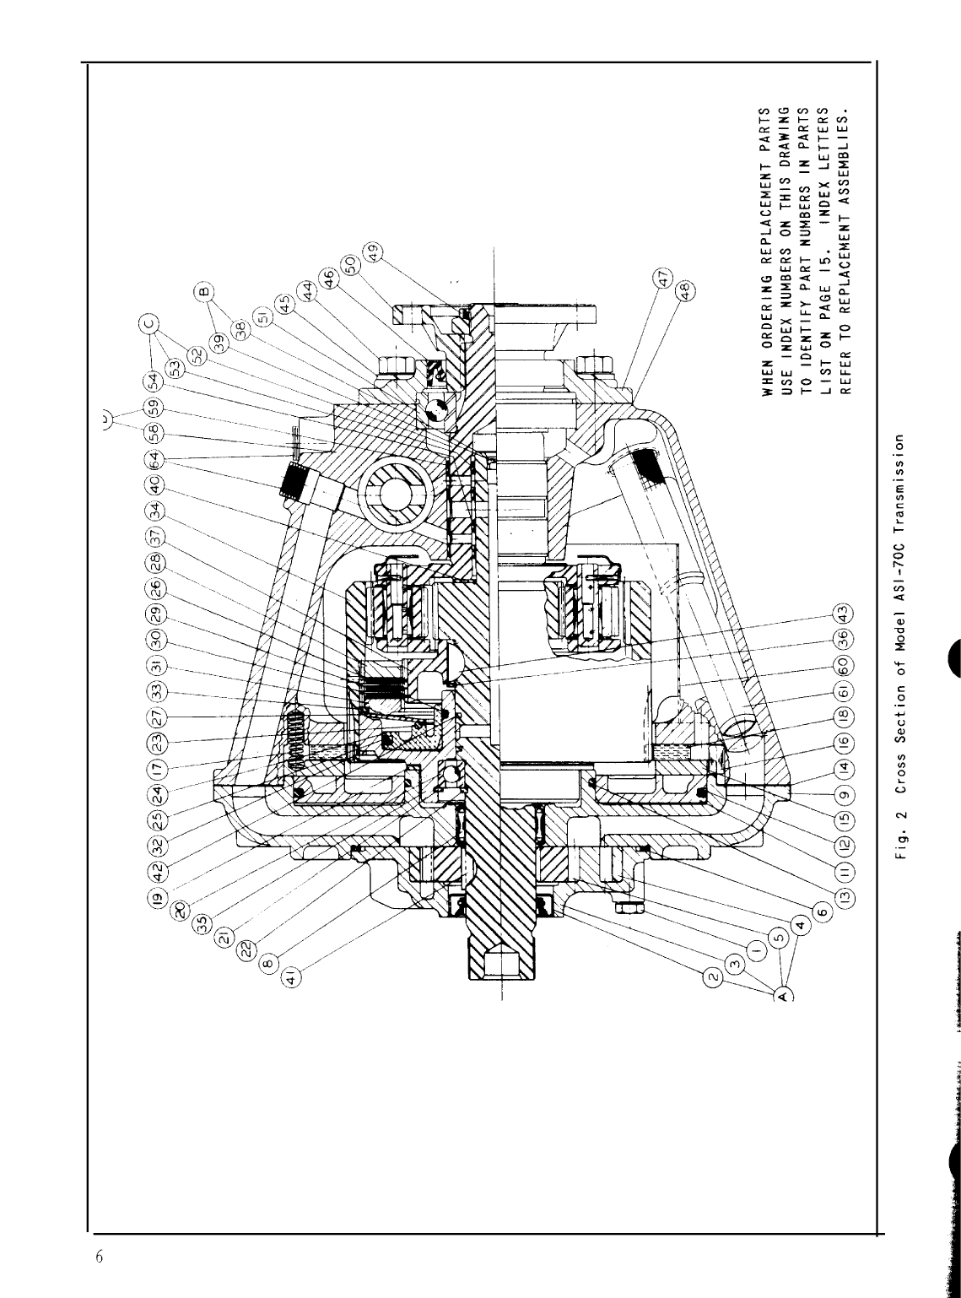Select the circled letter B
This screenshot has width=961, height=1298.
(x=202, y=292)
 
